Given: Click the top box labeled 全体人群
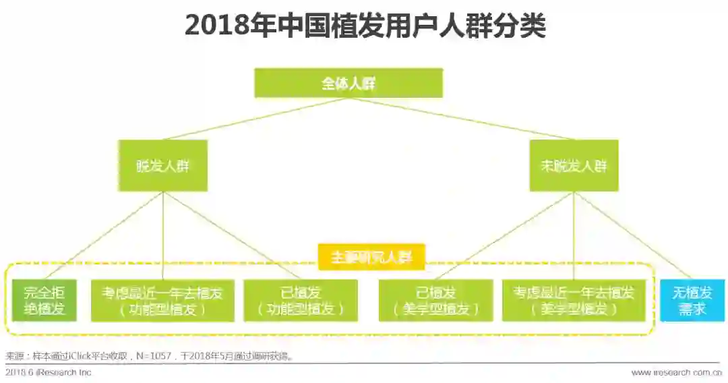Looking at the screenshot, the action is [348, 83].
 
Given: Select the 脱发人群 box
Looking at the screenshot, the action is [162, 165].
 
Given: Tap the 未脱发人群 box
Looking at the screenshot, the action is [574, 165].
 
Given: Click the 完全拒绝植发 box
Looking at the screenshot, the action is [44, 301].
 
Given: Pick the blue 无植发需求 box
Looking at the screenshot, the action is [692, 301].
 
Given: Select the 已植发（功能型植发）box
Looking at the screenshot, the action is [301, 301].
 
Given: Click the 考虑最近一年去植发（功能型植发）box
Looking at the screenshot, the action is [162, 301].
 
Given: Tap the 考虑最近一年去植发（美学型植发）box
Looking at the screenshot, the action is [574, 301].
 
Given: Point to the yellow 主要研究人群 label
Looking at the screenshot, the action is [371, 257].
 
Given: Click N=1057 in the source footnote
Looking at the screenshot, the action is [159, 356].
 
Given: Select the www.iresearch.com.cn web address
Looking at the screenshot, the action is [676, 372].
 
